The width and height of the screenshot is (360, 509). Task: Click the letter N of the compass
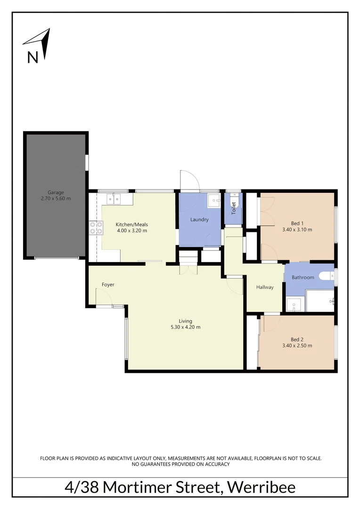tap(33, 57)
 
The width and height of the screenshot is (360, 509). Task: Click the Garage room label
tap(56, 192)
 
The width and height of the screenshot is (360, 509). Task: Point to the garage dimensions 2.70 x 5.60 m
tap(56, 198)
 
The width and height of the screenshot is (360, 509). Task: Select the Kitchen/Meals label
tap(131, 224)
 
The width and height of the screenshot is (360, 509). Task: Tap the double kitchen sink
tap(114, 199)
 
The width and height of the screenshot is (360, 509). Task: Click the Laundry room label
tap(199, 220)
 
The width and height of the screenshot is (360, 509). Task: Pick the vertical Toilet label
tap(233, 208)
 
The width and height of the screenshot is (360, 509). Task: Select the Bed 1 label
tap(297, 223)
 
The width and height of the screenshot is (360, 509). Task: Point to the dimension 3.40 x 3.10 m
tap(297, 230)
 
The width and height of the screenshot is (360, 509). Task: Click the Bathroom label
tap(303, 277)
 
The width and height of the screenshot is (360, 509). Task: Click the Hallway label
tap(265, 287)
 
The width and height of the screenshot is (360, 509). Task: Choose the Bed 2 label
tap(297, 339)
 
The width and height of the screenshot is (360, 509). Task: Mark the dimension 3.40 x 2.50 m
tap(297, 345)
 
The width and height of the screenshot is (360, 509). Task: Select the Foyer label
tap(108, 285)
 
